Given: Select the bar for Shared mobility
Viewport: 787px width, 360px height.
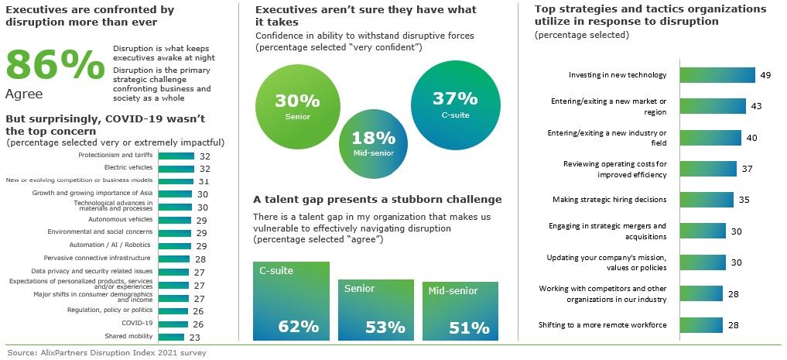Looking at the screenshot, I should pyautogui.click(x=171, y=336).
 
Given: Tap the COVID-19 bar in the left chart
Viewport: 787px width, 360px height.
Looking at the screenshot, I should pyautogui.click(x=173, y=323).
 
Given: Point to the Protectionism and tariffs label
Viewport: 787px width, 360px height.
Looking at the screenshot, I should pyautogui.click(x=115, y=155).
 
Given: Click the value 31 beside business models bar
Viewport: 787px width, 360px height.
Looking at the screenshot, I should pyautogui.click(x=205, y=181).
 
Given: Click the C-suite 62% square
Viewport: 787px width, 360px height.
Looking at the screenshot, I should pyautogui.click(x=291, y=300).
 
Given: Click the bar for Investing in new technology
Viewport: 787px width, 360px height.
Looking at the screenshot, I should pyautogui.click(x=717, y=75).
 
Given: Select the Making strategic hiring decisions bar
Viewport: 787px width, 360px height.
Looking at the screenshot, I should pyautogui.click(x=706, y=199).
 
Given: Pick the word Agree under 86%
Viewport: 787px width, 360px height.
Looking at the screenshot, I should pyautogui.click(x=24, y=94).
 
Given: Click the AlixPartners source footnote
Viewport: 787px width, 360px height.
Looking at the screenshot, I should pyautogui.click(x=106, y=352).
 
